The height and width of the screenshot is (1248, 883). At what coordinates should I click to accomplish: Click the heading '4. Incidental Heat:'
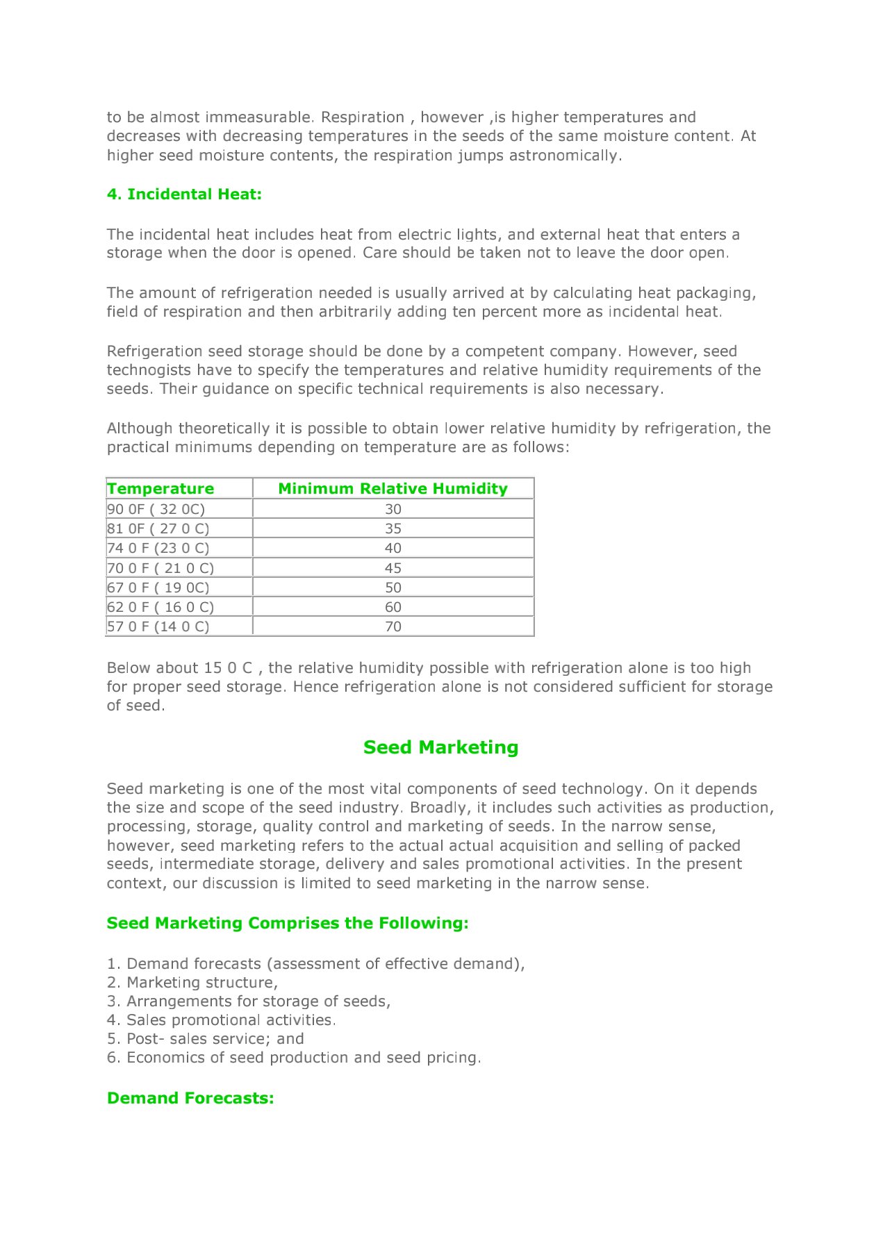point(184,194)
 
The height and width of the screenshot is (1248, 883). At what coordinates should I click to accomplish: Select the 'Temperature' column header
point(160,489)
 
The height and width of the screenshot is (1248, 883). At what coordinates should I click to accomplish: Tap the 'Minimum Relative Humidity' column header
point(393,489)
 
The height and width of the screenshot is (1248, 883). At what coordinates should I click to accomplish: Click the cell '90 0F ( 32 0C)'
point(156,509)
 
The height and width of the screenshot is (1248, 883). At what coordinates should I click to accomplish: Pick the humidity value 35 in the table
point(393,529)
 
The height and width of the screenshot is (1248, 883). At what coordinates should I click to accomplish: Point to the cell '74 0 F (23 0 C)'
point(158,548)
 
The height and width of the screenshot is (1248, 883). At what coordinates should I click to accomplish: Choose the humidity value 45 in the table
point(393,568)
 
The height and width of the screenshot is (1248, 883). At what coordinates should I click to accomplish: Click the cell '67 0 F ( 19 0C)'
point(158,588)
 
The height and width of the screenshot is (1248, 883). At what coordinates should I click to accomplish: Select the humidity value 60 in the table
point(393,607)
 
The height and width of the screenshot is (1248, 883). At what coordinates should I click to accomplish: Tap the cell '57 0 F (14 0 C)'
point(158,626)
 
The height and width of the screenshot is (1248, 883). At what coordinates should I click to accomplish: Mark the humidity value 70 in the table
point(393,626)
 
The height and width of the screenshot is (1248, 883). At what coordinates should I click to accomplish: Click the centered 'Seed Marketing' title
point(440,747)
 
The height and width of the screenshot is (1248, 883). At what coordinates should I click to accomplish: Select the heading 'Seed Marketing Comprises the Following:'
point(288,923)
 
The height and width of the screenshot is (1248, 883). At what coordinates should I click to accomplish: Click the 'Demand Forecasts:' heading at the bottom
point(190,1098)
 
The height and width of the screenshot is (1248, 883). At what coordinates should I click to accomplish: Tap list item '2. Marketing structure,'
point(192,983)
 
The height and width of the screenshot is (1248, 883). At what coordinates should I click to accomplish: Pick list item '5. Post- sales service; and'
point(206,1039)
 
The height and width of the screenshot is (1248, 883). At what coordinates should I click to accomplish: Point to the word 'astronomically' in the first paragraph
point(563,156)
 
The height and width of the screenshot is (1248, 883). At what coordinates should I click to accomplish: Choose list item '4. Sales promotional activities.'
point(222,1020)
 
